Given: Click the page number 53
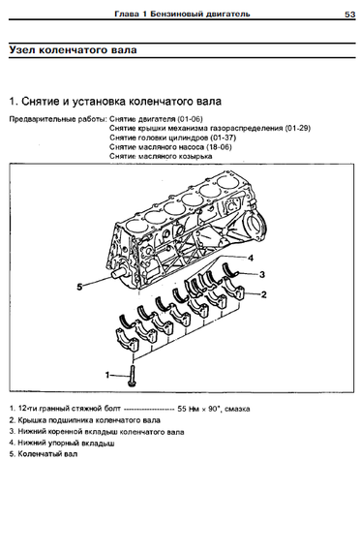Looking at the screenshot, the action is pos(349,15).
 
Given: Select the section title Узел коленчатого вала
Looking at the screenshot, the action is pos(74,49).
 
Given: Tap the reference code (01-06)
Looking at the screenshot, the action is pos(190,119).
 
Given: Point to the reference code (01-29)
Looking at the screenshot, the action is pos(298,128).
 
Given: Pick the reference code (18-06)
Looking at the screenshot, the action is pos(219,147).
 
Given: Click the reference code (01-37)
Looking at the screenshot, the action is pos(224,138).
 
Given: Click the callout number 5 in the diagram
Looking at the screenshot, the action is pos(79,287).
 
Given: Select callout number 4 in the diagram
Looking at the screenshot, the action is pos(251,258).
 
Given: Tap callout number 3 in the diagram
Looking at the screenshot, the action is pos(262,274).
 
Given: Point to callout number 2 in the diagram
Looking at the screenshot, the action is pos(263,294).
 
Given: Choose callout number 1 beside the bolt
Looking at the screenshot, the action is pos(107,375).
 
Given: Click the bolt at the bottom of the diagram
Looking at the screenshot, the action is pos(132,376).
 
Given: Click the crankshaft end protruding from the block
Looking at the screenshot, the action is pos(120,273).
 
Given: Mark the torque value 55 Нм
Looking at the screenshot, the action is pos(189,409).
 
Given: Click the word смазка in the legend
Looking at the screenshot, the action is pos(237,409).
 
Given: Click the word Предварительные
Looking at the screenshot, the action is pos(33,119).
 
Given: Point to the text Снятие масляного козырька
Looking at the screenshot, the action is pos(161,156).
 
